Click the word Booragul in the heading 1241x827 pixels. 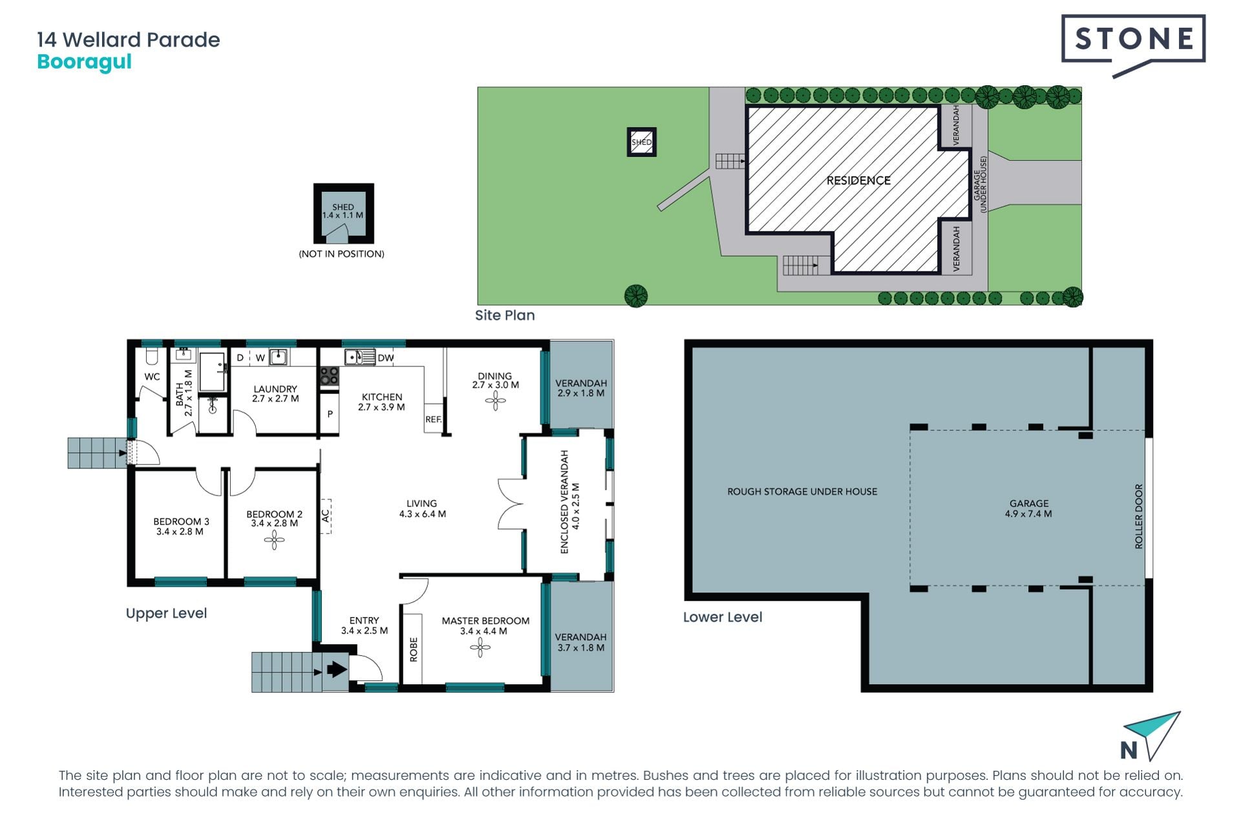click(x=84, y=62)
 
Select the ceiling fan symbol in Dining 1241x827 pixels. click(x=496, y=401)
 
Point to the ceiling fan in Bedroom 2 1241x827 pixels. click(x=274, y=540)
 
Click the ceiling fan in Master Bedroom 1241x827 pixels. click(x=480, y=647)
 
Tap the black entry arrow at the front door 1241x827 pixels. click(x=337, y=669)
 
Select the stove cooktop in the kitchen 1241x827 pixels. click(x=330, y=375)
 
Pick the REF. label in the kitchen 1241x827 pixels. click(x=434, y=419)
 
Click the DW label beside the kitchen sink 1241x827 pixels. click(x=386, y=358)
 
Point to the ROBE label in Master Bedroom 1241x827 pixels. click(x=414, y=649)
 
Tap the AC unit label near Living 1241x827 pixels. click(x=326, y=516)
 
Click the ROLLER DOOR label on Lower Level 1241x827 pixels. click(x=1139, y=516)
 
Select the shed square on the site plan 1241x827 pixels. click(x=642, y=142)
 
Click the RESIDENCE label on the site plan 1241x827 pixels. click(x=858, y=180)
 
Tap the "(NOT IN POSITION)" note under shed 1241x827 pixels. click(x=341, y=254)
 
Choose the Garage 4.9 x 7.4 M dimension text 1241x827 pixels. click(x=1028, y=514)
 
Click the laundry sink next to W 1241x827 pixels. click(x=279, y=357)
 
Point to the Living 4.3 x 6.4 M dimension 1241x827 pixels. click(x=423, y=514)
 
